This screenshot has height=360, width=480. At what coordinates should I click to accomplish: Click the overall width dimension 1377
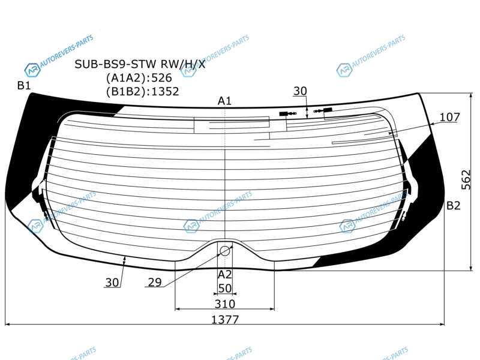pos(225,320)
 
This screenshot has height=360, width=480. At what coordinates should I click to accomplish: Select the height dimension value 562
pos(466,179)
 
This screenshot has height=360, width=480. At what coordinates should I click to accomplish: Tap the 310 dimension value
pos(225,304)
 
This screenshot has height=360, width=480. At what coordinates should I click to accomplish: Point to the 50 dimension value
pos(225,289)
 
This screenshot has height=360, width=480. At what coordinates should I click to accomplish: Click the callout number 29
pos(155,282)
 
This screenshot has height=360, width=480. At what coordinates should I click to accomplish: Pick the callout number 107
pos(449,117)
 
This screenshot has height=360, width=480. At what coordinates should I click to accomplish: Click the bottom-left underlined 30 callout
pos(112,283)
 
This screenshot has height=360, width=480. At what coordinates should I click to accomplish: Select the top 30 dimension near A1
pos(300,91)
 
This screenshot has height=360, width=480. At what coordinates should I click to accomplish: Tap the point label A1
pos(224,101)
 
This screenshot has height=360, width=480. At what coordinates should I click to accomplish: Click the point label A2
pos(224,275)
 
